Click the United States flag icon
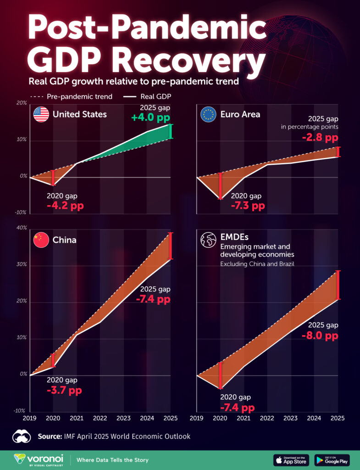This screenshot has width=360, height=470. coord(41,114)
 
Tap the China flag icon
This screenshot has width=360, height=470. coord(41,240)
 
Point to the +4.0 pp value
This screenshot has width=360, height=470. coord(150,118)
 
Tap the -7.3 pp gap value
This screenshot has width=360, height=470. coord(248,206)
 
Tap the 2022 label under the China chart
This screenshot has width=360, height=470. coord(100,418)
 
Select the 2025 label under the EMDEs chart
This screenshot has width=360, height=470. coord(337,418)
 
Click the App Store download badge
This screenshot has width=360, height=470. coord(291,460)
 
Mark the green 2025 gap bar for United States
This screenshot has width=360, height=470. coord(171,131)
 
